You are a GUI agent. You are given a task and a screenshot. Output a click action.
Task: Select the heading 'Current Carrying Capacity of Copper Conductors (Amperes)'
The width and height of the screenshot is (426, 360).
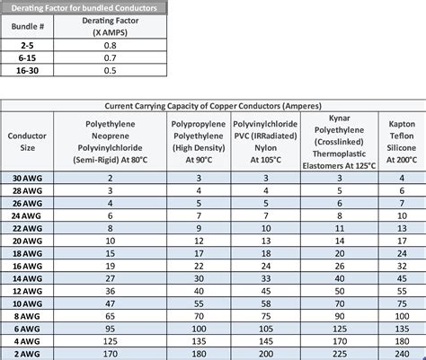pos(213,103)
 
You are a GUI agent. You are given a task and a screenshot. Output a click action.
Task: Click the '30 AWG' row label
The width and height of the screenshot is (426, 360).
pos(27,179)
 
